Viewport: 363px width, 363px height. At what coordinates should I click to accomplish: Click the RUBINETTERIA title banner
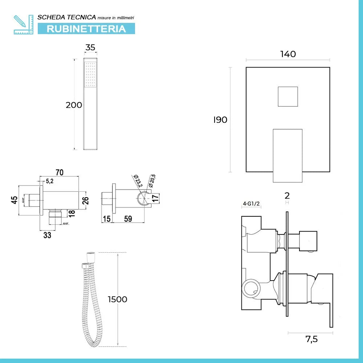[x=86, y=29]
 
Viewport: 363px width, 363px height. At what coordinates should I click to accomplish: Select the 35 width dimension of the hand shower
[x=90, y=47]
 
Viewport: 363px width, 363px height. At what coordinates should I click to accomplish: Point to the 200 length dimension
[x=74, y=105]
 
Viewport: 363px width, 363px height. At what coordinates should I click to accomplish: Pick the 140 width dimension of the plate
[x=288, y=54]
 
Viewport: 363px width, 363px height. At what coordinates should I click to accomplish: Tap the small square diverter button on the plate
[x=288, y=97]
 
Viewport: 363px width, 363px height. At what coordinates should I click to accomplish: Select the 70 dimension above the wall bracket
[x=60, y=172]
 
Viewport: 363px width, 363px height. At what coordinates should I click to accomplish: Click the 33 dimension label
[x=47, y=235]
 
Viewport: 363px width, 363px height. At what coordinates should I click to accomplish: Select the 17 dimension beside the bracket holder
[x=155, y=199]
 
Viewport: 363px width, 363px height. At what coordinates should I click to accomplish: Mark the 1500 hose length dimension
[x=117, y=299]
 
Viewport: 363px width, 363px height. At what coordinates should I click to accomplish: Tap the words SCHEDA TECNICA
[x=67, y=17]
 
